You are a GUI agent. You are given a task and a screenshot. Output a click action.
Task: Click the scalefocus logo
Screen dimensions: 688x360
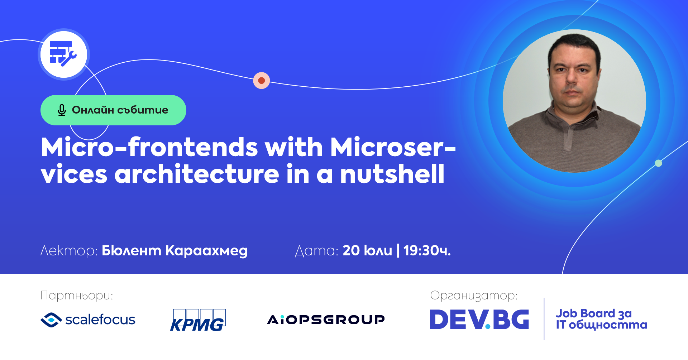(x=88, y=320)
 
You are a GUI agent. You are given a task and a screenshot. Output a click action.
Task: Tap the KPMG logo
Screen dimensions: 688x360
(x=198, y=320)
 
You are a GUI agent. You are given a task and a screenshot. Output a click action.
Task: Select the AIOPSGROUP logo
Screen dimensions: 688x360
(x=326, y=320)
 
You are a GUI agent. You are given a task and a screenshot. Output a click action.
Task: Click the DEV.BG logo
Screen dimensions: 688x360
(x=479, y=319)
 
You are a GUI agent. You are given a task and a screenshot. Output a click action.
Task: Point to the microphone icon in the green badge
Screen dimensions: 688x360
(x=62, y=110)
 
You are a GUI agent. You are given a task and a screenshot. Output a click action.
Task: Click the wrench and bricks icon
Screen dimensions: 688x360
(x=63, y=54)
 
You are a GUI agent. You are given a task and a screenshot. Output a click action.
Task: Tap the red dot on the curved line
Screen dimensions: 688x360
(x=262, y=81)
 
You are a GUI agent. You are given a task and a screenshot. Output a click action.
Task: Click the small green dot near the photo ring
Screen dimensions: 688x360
(x=658, y=163)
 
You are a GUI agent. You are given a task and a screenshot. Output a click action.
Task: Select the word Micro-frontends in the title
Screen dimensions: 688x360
(x=149, y=147)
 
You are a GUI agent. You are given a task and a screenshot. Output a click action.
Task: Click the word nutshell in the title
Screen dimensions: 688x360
(x=392, y=174)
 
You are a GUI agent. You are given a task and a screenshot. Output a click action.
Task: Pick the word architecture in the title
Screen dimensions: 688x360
(x=197, y=174)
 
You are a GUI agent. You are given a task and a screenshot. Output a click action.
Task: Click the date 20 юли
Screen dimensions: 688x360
(x=367, y=250)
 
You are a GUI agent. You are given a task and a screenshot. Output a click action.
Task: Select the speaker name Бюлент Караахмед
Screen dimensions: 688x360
(x=175, y=251)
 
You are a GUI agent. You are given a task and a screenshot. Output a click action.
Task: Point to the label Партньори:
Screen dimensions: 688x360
(x=77, y=296)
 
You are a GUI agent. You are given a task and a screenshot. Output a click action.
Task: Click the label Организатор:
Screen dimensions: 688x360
(x=474, y=296)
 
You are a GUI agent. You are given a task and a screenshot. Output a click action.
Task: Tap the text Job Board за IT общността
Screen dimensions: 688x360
(x=601, y=319)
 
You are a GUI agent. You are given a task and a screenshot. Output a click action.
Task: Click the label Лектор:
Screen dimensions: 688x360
(x=69, y=251)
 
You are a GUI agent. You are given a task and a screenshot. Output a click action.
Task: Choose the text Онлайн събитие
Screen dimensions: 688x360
(x=120, y=110)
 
